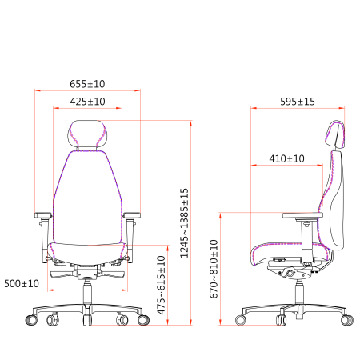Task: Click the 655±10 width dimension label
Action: (x=87, y=84)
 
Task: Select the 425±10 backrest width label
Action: (x=87, y=102)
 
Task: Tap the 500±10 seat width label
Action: (x=22, y=283)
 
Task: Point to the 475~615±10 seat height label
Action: (x=162, y=285)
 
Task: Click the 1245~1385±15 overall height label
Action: (x=184, y=223)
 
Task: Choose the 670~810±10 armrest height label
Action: (x=214, y=269)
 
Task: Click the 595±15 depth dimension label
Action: (x=298, y=102)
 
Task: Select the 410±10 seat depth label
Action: (x=286, y=158)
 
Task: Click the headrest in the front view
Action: (x=87, y=134)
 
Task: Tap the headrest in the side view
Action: (x=335, y=134)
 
